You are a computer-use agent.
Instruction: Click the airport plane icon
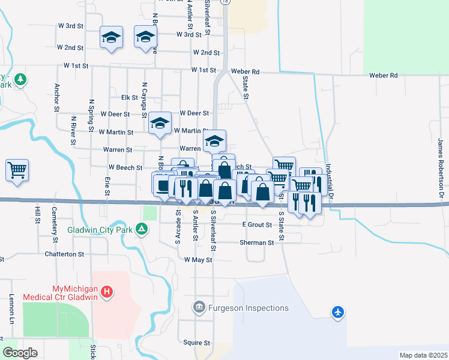pos(338,312)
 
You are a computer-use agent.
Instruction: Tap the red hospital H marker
pos(106,293)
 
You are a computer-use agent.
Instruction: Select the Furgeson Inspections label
pos(248,308)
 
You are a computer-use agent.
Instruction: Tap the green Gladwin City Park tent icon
pos(142,229)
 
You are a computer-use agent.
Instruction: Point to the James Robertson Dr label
pos(441,169)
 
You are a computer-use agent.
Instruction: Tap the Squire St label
pos(197,343)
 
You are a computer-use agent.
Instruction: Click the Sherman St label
pos(256,242)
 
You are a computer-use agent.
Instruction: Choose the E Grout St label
pos(257,224)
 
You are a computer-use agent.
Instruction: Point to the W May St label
pos(198,260)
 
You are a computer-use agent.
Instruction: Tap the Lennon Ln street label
pos(11,307)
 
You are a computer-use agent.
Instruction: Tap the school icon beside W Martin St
pos(160,124)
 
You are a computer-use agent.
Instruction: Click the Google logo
pos(19,353)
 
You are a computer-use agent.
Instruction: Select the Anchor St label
pos(57,97)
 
